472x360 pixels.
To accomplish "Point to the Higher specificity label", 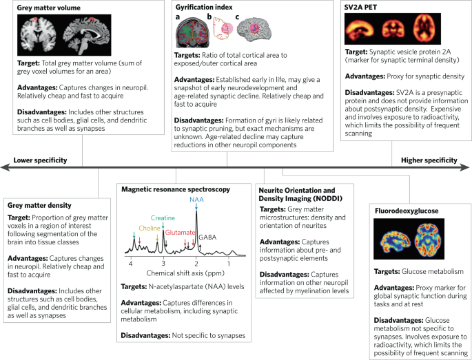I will pos(429,160).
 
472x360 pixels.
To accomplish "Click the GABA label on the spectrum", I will pos(209,236).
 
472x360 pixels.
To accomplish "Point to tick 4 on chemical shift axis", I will pos(131,262).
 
